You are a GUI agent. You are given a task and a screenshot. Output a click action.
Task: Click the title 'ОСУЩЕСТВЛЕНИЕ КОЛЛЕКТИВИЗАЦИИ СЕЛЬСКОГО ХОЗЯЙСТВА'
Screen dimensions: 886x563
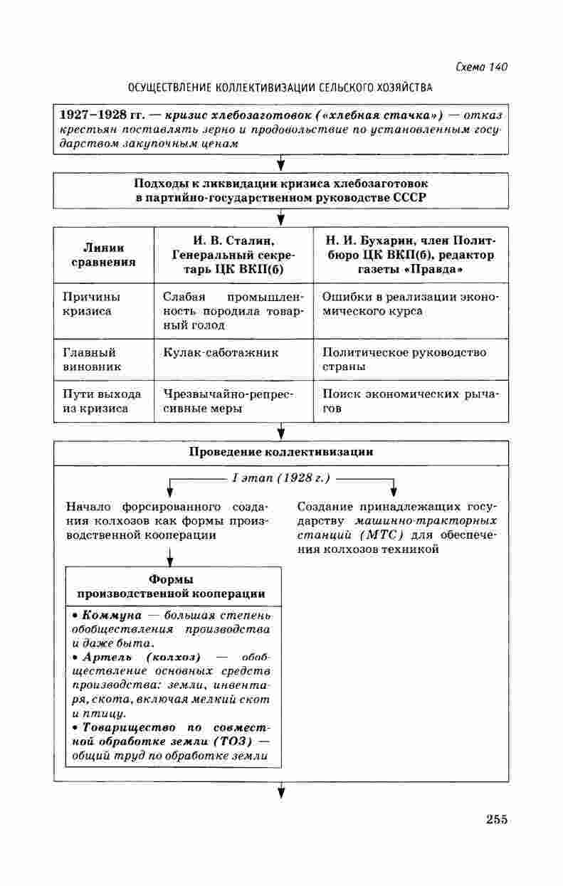click(280, 88)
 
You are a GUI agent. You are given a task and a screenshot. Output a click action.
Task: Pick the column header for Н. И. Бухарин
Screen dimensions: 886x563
click(409, 255)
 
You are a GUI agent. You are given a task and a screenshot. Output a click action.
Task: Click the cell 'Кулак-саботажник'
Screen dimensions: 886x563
click(221, 352)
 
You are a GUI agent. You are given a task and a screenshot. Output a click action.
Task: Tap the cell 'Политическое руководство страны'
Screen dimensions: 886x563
click(404, 359)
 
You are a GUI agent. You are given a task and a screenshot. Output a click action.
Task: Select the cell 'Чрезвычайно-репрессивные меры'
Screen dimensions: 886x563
click(228, 401)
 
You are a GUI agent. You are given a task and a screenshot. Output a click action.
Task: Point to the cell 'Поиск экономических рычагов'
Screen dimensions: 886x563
click(411, 401)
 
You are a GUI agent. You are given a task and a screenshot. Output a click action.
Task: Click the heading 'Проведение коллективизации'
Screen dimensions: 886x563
click(280, 452)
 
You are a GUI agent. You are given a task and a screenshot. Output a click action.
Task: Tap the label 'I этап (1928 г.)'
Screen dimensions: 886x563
click(281, 478)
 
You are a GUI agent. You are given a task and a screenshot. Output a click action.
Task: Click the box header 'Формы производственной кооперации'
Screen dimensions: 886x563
click(172, 586)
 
